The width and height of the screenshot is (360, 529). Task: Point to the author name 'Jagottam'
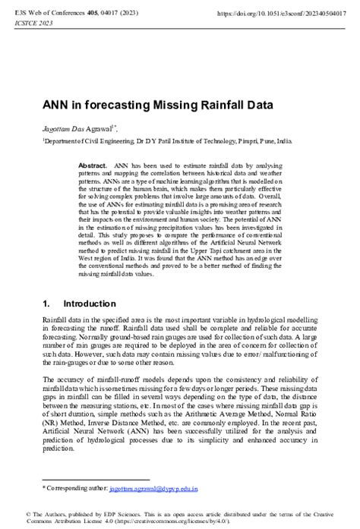pos(58,130)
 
